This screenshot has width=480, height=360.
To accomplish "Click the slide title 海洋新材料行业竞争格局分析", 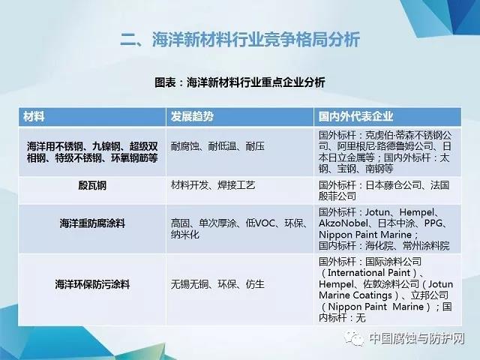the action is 240,40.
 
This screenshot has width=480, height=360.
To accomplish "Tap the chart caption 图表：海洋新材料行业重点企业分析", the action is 240,82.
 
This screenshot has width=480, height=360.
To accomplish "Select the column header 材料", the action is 34,117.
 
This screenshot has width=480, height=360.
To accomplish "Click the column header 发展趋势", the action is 192,117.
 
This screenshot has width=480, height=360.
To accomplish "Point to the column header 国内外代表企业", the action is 355,117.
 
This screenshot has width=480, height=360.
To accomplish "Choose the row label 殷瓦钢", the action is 92,185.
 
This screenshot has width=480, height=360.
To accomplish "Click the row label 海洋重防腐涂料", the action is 92,223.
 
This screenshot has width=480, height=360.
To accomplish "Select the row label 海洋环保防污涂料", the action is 92,284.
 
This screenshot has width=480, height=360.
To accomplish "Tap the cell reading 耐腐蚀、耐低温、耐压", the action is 217,146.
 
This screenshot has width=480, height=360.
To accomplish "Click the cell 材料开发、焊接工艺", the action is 213,185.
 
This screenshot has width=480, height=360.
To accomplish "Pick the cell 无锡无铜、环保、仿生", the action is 217,284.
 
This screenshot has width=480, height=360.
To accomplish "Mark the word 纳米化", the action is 185,235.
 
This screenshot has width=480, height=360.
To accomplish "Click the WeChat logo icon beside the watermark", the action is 354,338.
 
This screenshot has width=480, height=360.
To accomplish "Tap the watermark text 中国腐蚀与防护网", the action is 417,338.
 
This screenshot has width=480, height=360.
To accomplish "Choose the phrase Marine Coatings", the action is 355,295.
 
